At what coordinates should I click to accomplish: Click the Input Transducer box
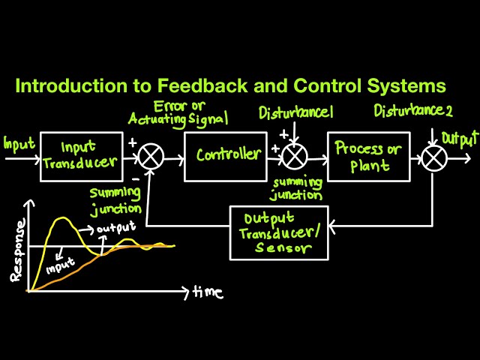click(x=81, y=156)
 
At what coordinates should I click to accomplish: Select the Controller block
click(x=226, y=156)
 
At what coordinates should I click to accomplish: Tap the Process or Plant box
click(x=367, y=156)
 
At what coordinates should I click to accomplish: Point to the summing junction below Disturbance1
click(x=295, y=157)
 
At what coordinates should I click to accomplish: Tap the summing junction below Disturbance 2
click(x=433, y=157)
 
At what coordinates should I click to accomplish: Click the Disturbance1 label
click(x=297, y=113)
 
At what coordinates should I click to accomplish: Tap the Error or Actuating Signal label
click(x=178, y=112)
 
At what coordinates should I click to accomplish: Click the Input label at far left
click(x=18, y=142)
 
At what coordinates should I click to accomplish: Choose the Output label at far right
click(x=460, y=139)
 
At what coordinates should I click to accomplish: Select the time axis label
click(x=208, y=292)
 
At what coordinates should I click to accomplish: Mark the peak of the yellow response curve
click(x=64, y=218)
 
